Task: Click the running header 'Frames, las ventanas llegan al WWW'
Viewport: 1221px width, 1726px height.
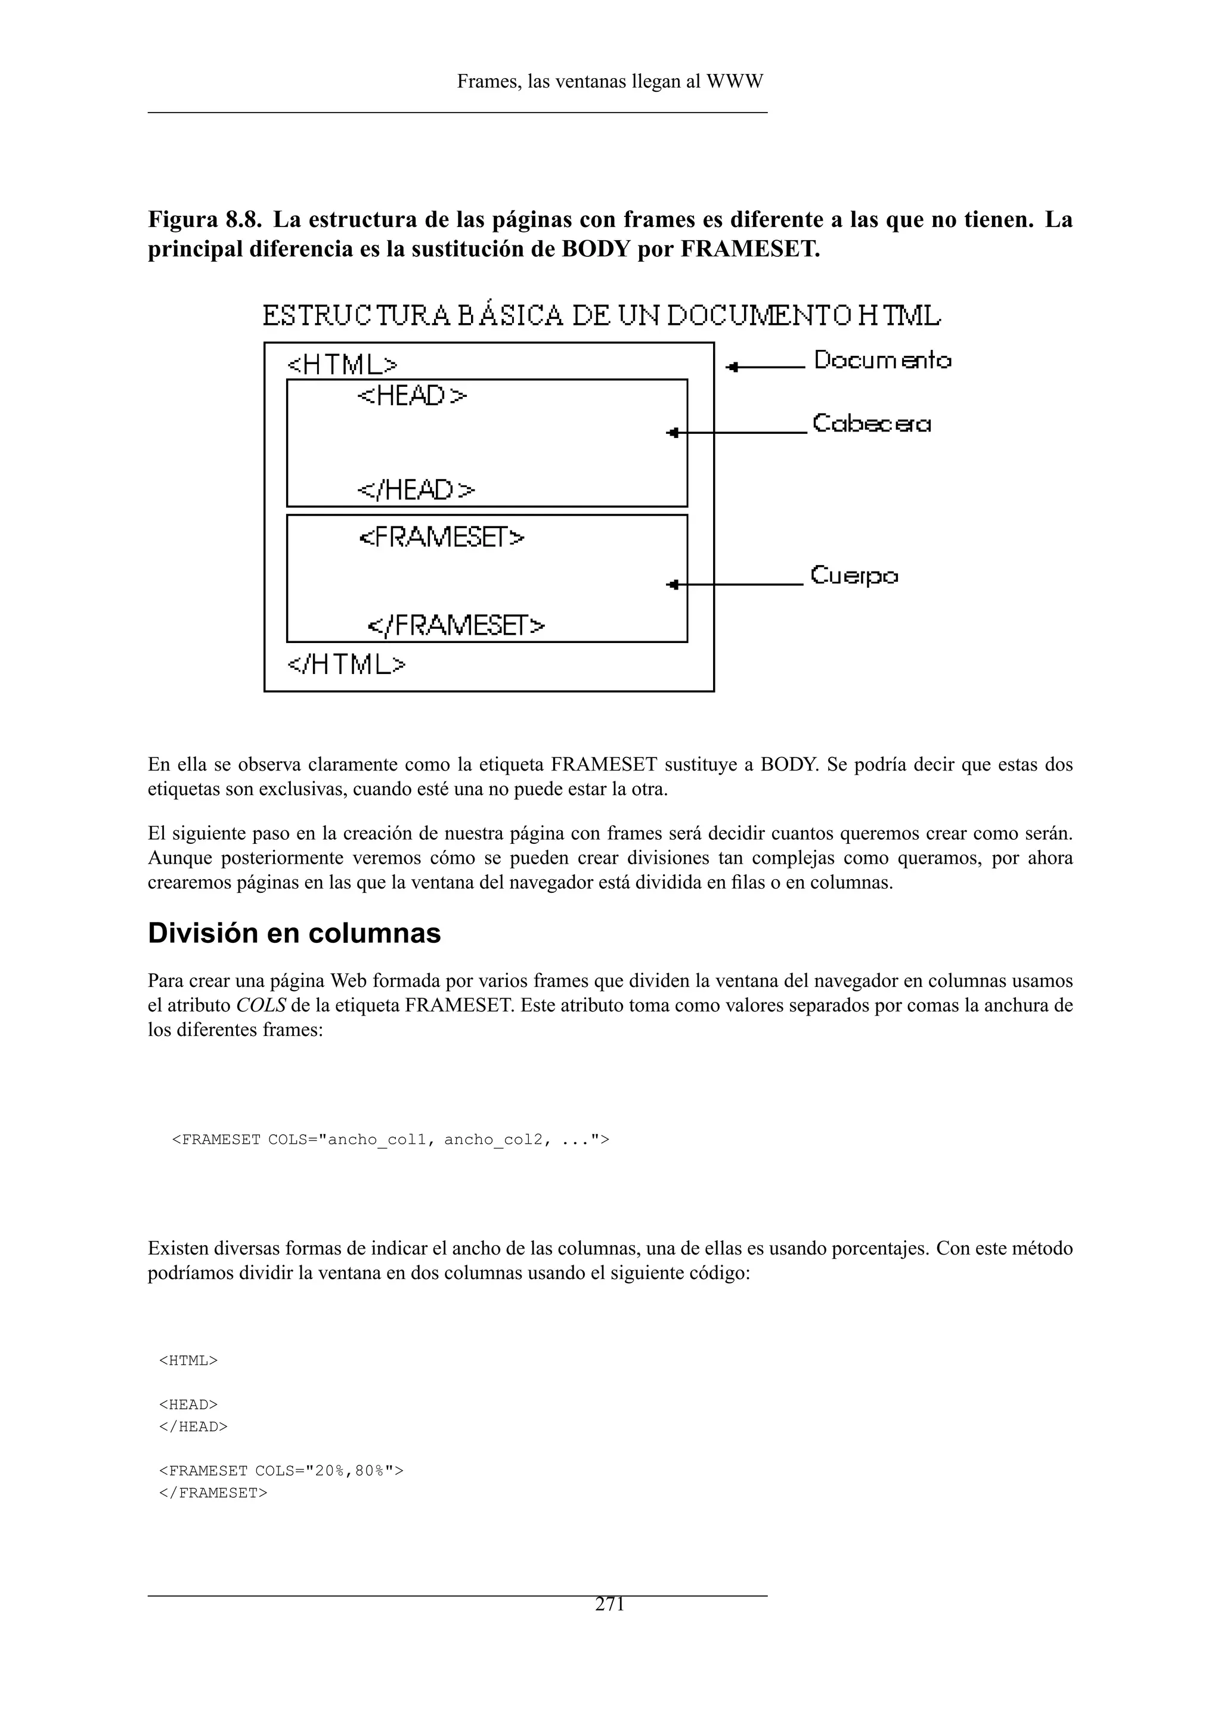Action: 610,82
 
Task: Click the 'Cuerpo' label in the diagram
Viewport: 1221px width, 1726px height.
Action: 854,576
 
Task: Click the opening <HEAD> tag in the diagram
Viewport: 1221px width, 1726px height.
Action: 411,396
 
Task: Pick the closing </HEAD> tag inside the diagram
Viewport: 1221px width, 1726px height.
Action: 416,490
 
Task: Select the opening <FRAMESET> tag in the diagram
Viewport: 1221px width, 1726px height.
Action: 441,538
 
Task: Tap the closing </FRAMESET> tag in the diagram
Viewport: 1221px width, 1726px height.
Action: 455,625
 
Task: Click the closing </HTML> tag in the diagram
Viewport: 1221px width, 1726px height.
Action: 346,665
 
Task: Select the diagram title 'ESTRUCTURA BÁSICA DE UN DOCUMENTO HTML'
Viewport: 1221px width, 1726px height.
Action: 602,316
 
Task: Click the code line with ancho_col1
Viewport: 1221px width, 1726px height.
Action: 391,1140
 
